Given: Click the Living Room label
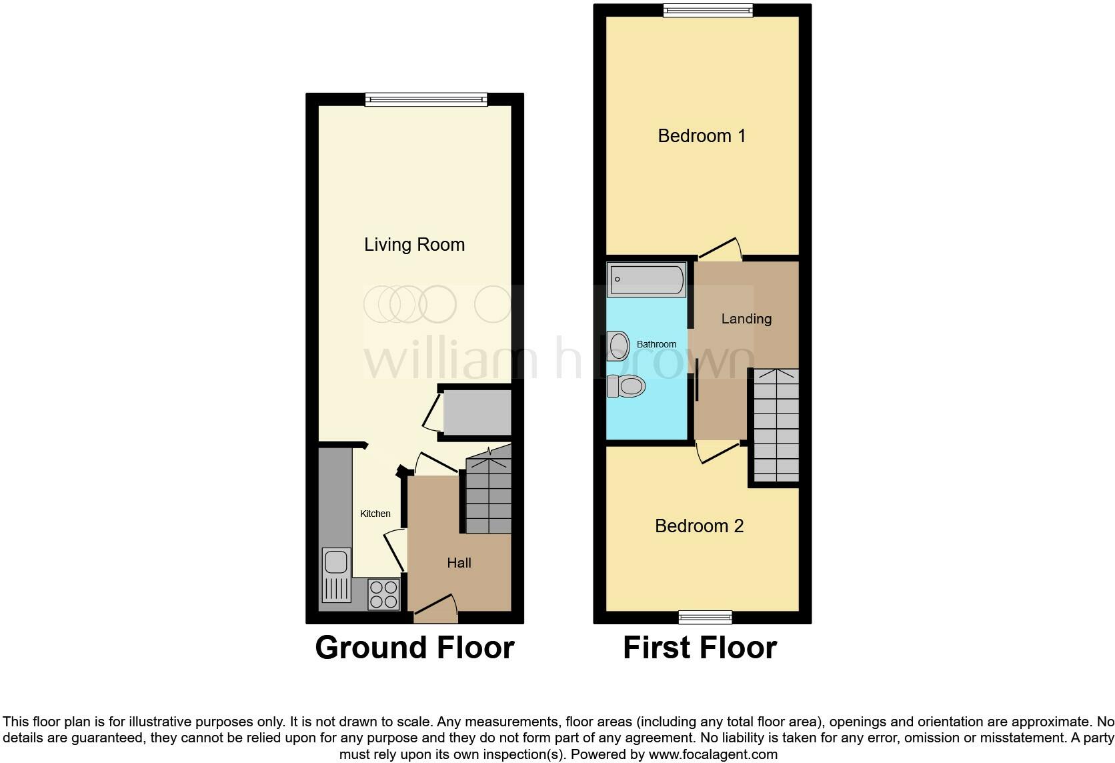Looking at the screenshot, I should pos(414,245).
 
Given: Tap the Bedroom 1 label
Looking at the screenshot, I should pos(702,136).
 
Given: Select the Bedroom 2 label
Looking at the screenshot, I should pos(699,526).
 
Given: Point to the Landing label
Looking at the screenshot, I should pos(746,319).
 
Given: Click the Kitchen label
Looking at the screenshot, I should pos(375,514).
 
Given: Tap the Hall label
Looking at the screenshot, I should pos(459,563).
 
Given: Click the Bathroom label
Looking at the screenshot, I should pos(656,344).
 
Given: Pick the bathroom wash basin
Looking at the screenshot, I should pos(618,346).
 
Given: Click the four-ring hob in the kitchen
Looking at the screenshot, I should pos(383,594).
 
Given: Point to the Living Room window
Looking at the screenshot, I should pos(426,100).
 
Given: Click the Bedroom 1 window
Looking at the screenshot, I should pos(708,10).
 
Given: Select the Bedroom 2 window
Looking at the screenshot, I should pos(705,617).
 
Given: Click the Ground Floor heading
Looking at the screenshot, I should pos(414,648).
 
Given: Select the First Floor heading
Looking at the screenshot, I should pos(700,648).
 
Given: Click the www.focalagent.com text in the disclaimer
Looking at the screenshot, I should pos(713,755).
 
